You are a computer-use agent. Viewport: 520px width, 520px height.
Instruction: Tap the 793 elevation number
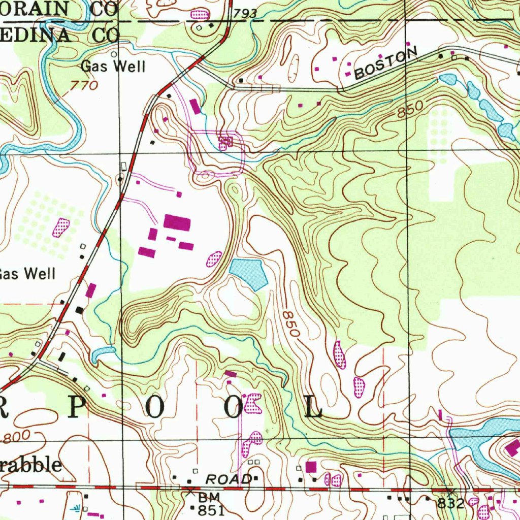[x=245, y=15]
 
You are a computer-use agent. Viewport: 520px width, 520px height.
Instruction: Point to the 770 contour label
[x=84, y=86]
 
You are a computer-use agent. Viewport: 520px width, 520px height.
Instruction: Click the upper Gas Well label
[x=113, y=67]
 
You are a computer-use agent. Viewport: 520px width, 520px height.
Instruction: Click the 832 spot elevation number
[x=451, y=503]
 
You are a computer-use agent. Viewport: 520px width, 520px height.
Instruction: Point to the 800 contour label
[x=18, y=436]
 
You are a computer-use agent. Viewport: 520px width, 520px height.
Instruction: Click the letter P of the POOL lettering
[x=79, y=406]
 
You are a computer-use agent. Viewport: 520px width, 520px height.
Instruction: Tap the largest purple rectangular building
[x=177, y=222]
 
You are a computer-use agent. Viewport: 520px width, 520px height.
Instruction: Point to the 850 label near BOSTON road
[x=410, y=110]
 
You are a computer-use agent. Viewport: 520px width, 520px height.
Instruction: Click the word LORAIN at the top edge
[x=38, y=9]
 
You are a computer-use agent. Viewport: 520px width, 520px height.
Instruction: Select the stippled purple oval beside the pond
[x=214, y=259]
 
